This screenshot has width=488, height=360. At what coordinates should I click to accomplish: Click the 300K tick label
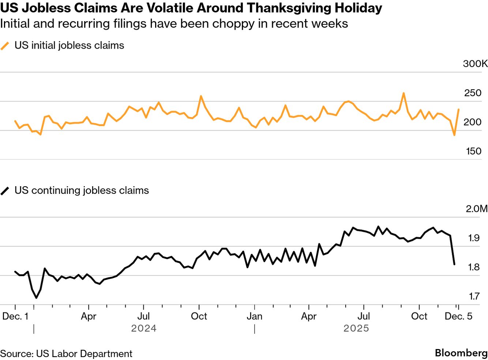tap(475, 64)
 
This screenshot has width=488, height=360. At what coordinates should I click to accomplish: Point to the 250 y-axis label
tap(473, 93)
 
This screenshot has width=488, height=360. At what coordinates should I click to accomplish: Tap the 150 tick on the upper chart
tap(473, 151)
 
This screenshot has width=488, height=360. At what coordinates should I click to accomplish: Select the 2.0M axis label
tap(476, 209)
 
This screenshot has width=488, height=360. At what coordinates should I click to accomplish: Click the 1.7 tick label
tap(474, 296)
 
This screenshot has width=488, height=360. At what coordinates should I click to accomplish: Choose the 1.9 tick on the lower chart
tap(474, 238)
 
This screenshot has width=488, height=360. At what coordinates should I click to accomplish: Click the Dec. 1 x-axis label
tap(15, 316)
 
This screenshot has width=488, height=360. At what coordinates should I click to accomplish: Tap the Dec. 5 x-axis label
tap(458, 316)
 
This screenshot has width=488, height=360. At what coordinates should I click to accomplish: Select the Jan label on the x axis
tap(254, 316)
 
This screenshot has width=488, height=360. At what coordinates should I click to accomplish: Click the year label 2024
tap(144, 328)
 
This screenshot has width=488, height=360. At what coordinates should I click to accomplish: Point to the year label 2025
tap(356, 328)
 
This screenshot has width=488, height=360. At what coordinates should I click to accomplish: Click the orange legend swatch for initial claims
tap(5, 46)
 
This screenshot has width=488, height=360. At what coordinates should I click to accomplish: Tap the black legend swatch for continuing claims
tap(5, 191)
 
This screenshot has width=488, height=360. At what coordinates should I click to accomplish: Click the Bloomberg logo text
tap(461, 353)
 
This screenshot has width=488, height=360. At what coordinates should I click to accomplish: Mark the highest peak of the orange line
tap(403, 93)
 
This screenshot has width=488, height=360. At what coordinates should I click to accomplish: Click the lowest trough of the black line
tap(36, 298)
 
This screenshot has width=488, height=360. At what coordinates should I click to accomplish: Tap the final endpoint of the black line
tap(454, 264)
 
